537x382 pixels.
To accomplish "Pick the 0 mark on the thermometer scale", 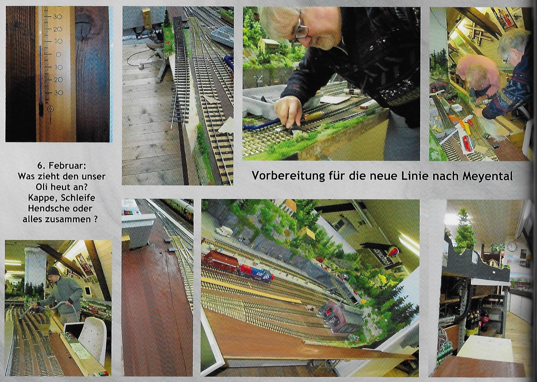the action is pyautogui.click(x=58, y=54).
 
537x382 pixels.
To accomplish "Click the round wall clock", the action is pyautogui.click(x=512, y=246).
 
